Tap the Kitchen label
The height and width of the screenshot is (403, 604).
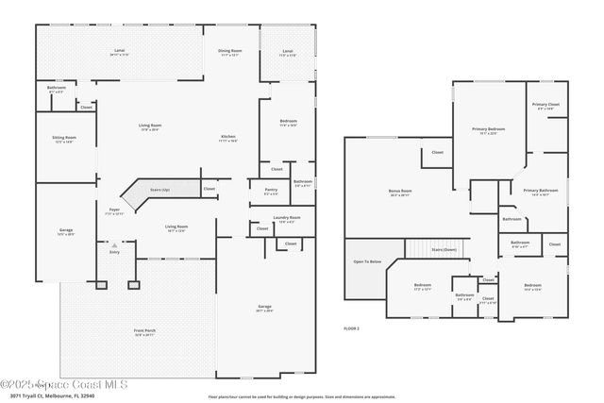coord(228,136)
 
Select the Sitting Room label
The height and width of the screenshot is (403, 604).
coord(64,138)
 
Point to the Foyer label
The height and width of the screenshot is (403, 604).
coord(114,210)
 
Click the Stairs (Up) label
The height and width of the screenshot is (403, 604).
coord(160,189)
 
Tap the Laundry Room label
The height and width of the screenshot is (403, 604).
coord(288,219)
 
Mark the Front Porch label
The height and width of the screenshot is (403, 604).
coord(145,329)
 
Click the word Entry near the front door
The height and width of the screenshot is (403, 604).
coord(115,252)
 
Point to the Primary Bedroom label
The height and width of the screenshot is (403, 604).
coord(489,129)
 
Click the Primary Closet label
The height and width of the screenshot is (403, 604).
coord(545,105)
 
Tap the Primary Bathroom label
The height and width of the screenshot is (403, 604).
coord(542,191)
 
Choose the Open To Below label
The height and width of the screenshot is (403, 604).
coord(367,261)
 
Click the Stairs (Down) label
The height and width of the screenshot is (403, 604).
coord(444,249)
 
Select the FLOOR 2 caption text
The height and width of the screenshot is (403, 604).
coord(351,327)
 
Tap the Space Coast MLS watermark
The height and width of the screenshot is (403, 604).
coord(64,384)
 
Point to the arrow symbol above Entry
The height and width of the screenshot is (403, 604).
coord(115,243)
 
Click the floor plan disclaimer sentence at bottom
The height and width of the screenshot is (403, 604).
coord(301,396)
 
